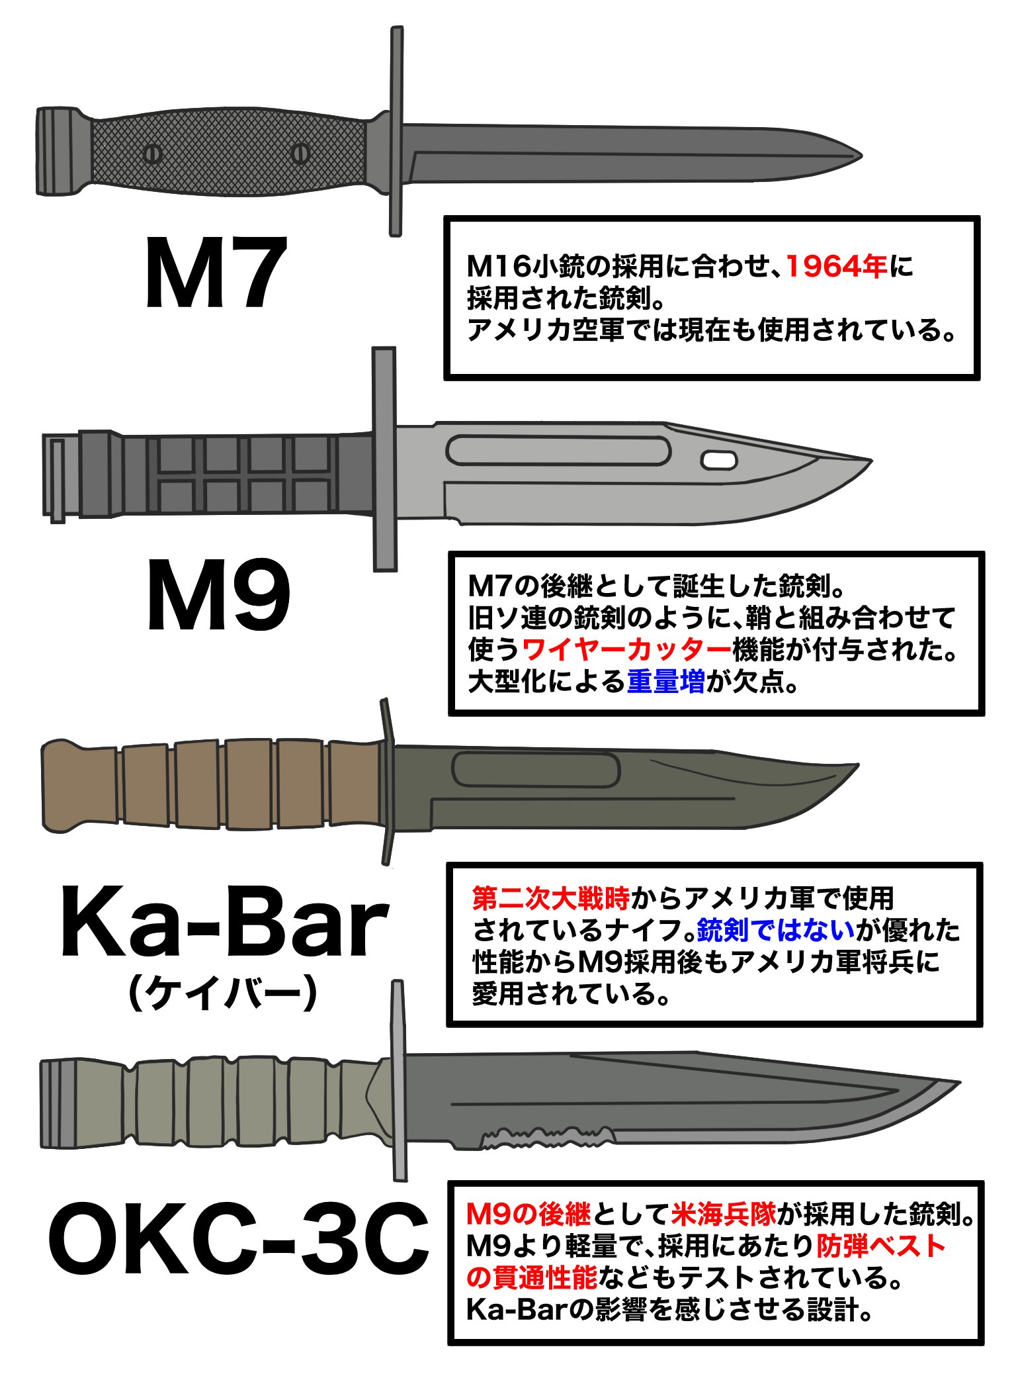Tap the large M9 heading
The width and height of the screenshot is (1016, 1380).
(x=218, y=596)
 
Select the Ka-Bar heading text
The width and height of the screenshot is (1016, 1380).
(x=224, y=923)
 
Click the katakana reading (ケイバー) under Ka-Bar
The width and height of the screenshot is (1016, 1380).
(x=223, y=993)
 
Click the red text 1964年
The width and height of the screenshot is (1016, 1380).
(x=836, y=267)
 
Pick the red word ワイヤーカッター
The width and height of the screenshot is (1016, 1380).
(x=626, y=650)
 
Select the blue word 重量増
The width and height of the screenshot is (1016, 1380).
(x=665, y=682)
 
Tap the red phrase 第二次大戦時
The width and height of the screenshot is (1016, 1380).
(x=550, y=899)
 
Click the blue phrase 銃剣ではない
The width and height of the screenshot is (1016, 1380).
(x=775, y=931)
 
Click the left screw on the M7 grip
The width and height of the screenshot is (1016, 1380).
(x=152, y=154)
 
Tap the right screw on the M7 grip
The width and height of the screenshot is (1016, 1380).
(x=301, y=153)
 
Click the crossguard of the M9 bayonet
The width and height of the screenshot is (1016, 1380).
(x=384, y=458)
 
